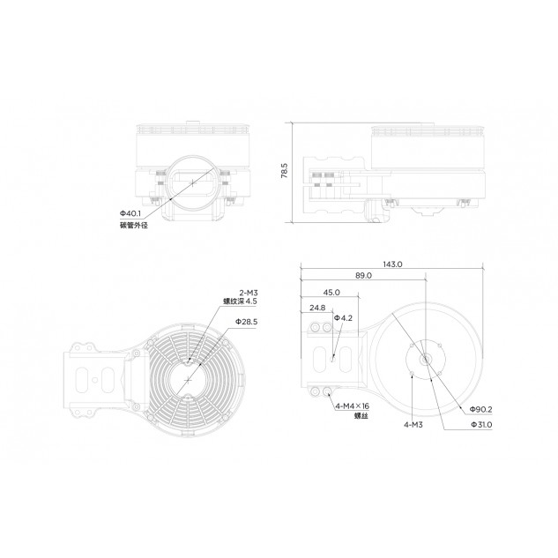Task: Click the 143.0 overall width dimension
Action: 392,264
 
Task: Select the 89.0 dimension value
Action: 363,276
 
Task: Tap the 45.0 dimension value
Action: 331,292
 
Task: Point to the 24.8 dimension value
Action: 316,308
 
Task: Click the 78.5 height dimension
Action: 285,171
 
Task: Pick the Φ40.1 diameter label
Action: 130,214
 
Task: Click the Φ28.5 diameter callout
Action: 246,322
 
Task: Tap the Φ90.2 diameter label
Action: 480,409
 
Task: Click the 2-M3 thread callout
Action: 248,292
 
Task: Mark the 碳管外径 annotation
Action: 133,226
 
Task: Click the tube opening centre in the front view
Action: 191,181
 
